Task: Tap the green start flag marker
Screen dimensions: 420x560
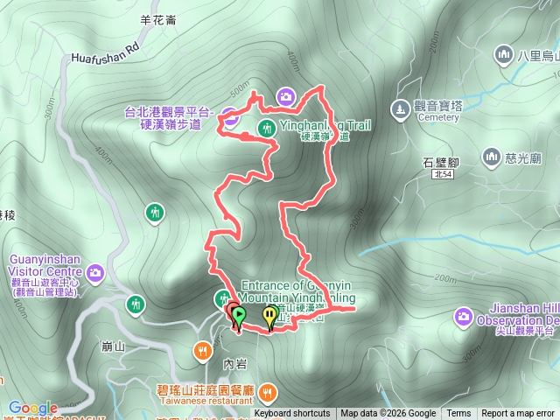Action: (238, 315)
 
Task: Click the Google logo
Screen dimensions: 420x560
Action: (33, 408)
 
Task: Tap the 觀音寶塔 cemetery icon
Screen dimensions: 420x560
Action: (400, 110)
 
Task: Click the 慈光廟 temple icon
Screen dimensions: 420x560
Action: (490, 158)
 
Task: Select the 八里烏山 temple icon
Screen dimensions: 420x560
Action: (503, 55)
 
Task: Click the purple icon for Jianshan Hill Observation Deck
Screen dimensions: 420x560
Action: (463, 315)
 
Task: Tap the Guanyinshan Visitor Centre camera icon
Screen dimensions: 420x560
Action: (94, 271)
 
